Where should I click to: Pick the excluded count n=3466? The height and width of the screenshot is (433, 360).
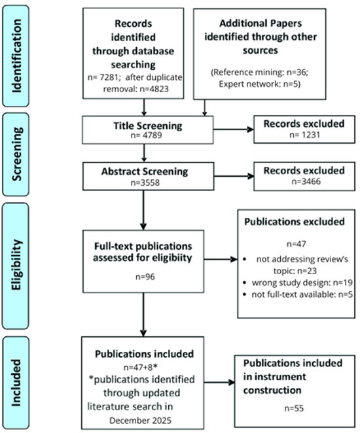302,182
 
